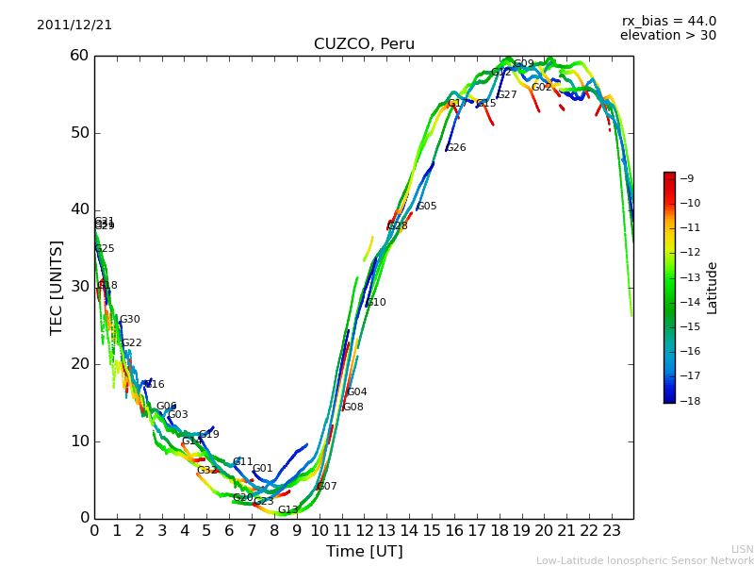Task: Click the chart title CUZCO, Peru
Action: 364,44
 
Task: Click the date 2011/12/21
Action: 74,25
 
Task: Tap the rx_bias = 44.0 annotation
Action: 668,22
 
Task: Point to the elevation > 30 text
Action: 667,36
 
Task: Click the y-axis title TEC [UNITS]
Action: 57,287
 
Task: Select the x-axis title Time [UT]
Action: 364,551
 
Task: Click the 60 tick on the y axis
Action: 79,56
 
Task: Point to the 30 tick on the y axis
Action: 79,287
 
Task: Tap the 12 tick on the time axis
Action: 364,530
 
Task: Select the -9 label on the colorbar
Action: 687,178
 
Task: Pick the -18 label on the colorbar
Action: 690,400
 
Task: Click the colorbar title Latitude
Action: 713,288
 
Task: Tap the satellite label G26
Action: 456,148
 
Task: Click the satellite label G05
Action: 427,207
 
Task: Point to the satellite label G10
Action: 376,303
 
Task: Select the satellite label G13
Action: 287,510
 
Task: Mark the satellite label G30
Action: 129,320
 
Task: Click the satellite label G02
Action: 541,88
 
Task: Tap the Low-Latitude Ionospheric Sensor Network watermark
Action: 645,561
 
